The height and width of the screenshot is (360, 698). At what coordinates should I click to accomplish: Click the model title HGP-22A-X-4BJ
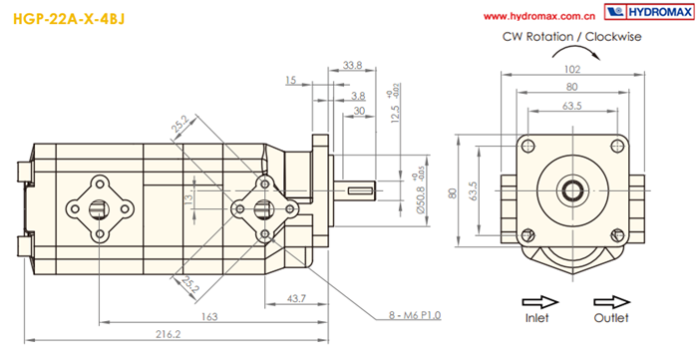click(69, 19)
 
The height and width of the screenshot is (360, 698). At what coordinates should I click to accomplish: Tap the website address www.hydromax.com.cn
click(539, 17)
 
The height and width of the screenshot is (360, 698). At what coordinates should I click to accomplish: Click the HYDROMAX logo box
click(649, 12)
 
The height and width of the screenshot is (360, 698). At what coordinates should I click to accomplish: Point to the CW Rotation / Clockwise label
click(572, 37)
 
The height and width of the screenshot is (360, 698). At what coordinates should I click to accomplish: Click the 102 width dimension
click(572, 69)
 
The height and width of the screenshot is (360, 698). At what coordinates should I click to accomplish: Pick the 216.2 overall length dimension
click(170, 334)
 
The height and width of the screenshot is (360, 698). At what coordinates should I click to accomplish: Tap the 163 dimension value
click(209, 316)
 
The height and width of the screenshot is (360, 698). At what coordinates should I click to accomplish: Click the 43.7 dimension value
click(296, 298)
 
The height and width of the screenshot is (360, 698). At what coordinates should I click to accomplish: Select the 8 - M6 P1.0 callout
click(415, 315)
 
